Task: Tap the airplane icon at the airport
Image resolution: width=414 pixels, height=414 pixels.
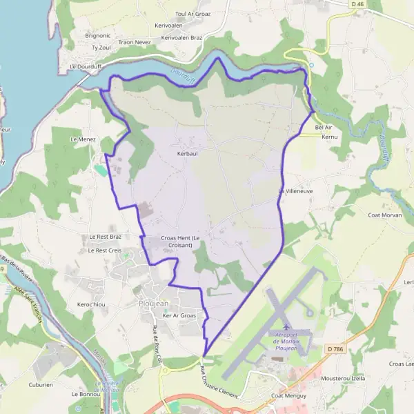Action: pos(285,324)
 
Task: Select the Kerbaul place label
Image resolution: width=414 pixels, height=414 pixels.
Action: pos(187,153)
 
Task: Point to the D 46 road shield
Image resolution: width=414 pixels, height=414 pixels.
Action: pos(356,5)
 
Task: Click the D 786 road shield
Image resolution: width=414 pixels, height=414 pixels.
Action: pos(335,349)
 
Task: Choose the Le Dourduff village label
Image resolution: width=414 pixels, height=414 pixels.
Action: pos(86,67)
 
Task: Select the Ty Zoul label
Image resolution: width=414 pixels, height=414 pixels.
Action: pos(101,48)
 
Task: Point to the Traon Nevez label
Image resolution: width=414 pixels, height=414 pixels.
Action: pos(135,42)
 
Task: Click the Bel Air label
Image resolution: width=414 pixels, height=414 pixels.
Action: pos(324,128)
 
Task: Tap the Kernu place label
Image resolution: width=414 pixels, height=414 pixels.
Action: pos(330,137)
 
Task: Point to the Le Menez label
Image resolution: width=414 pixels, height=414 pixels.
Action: pos(83,139)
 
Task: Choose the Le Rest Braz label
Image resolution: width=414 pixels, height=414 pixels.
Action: pos(105,237)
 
